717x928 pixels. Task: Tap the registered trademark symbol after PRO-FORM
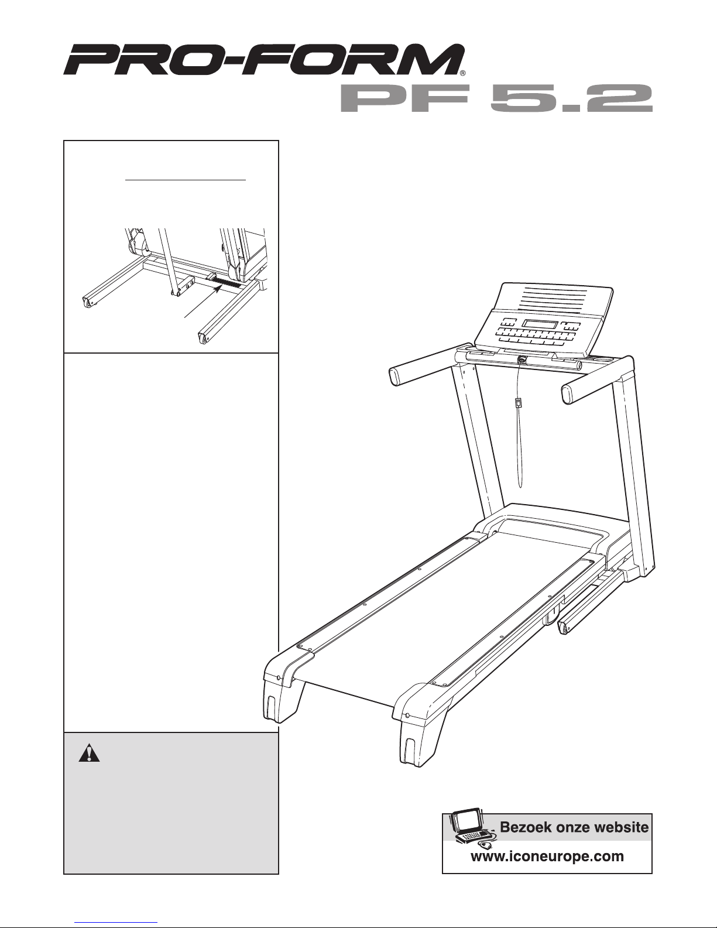pyautogui.click(x=462, y=73)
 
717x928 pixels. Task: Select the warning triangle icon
pyautogui.click(x=89, y=753)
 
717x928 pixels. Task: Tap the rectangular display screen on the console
pyautogui.click(x=540, y=324)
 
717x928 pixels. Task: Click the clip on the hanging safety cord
pyautogui.click(x=519, y=403)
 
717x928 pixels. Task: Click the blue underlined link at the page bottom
pyautogui.click(x=116, y=922)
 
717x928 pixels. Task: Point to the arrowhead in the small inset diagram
pyautogui.click(x=218, y=289)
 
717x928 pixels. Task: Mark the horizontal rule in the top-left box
pyautogui.click(x=186, y=180)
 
